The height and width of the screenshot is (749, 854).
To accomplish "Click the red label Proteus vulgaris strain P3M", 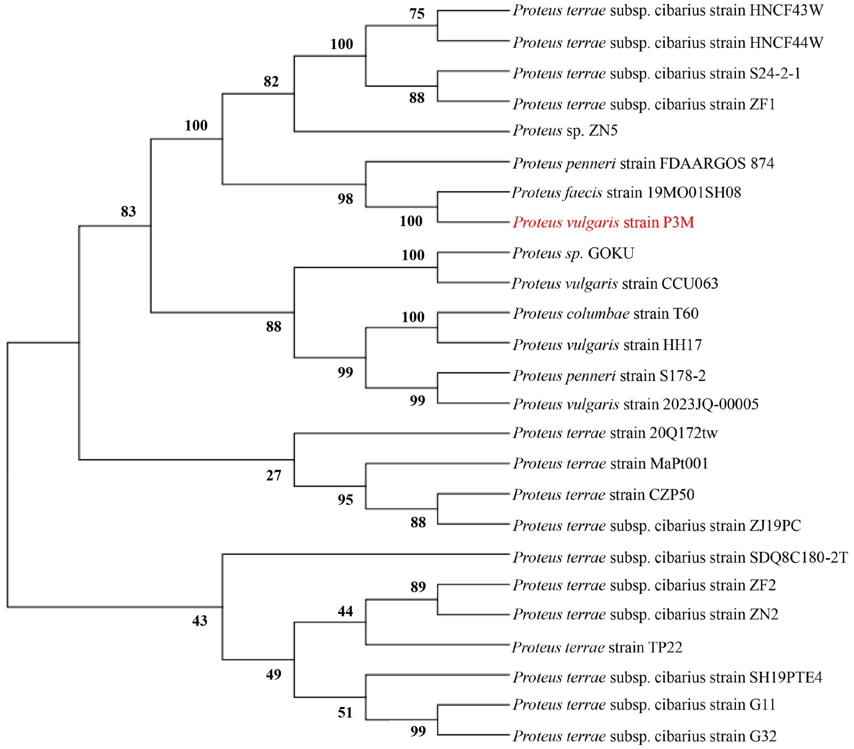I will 603,222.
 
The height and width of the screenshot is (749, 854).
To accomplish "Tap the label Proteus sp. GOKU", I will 573,253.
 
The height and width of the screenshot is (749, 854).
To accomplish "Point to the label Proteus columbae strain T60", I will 605,314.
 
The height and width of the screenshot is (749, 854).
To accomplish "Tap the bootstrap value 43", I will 200,621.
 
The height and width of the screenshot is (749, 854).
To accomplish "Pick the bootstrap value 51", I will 345,713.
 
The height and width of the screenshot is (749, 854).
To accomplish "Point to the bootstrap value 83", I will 128,211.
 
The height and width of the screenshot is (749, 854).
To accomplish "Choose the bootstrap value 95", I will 345,500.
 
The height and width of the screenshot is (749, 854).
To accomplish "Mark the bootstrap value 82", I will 271,81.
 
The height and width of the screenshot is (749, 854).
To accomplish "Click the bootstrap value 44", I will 345,611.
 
